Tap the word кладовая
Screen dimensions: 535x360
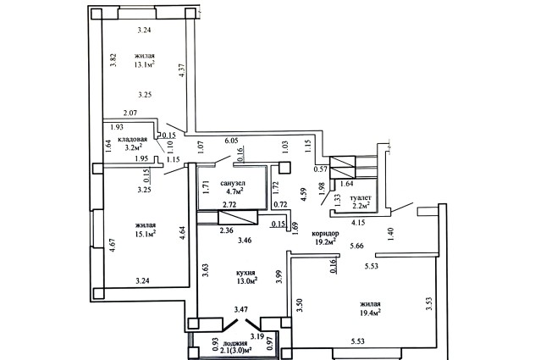132,140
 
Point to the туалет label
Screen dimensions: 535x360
361,197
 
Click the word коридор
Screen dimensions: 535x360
326,234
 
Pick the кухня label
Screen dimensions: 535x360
245,273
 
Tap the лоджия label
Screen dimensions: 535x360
235,343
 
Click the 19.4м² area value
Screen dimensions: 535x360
370,313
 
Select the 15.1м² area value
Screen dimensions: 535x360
146,234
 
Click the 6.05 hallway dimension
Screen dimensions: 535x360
231,141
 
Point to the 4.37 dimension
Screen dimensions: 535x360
182,70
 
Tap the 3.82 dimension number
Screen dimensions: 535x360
114,60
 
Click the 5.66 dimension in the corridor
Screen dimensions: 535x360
356,246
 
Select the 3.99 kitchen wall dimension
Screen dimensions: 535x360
279,276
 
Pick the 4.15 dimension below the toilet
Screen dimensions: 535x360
358,222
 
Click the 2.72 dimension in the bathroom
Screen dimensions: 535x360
229,205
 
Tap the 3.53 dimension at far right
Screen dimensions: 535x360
429,304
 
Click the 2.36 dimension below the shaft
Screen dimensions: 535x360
227,230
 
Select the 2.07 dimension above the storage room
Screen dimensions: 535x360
130,112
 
